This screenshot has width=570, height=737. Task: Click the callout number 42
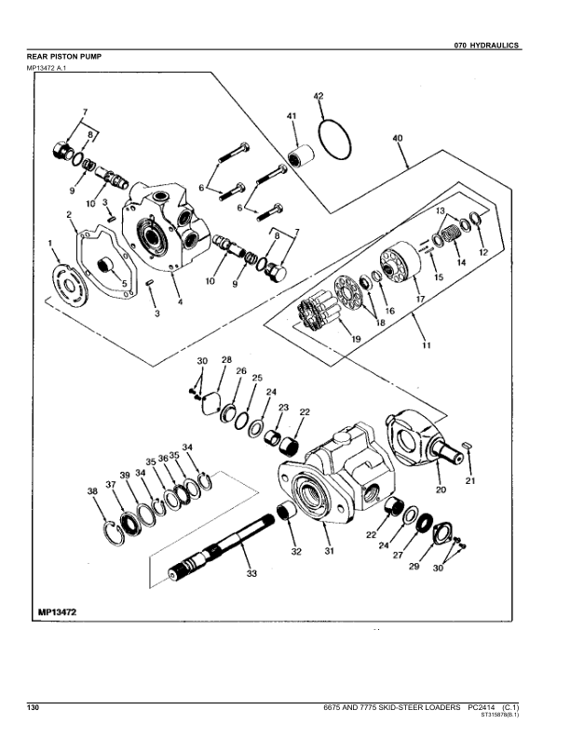click(x=318, y=97)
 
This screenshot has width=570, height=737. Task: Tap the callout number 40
click(x=398, y=139)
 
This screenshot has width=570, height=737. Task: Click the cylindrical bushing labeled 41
click(x=300, y=157)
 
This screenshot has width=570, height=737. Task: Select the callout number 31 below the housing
click(x=327, y=551)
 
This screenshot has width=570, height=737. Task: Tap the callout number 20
click(x=440, y=489)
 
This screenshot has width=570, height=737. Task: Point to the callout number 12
click(x=482, y=252)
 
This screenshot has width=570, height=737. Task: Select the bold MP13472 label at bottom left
click(x=57, y=611)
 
